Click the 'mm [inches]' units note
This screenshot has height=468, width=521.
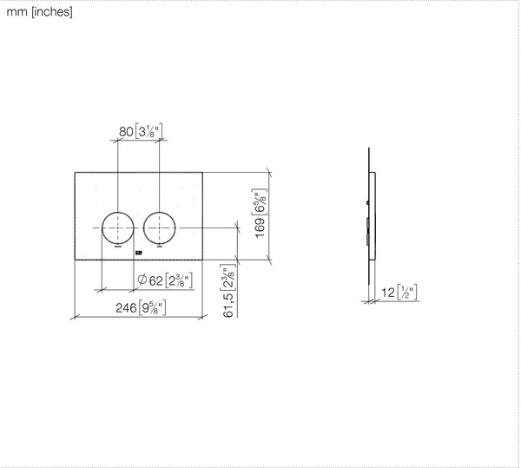[39, 12]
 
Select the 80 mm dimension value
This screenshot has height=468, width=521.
[126, 132]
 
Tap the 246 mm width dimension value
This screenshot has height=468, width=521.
[126, 308]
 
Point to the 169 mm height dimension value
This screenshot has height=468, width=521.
[260, 227]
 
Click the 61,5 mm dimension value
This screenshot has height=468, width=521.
[228, 306]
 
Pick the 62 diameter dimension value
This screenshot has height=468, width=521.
[155, 281]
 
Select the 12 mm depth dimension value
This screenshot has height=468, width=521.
[388, 293]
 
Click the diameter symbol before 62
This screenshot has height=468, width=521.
[142, 280]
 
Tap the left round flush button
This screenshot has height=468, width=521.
[117, 228]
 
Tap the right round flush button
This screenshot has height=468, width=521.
[160, 228]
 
